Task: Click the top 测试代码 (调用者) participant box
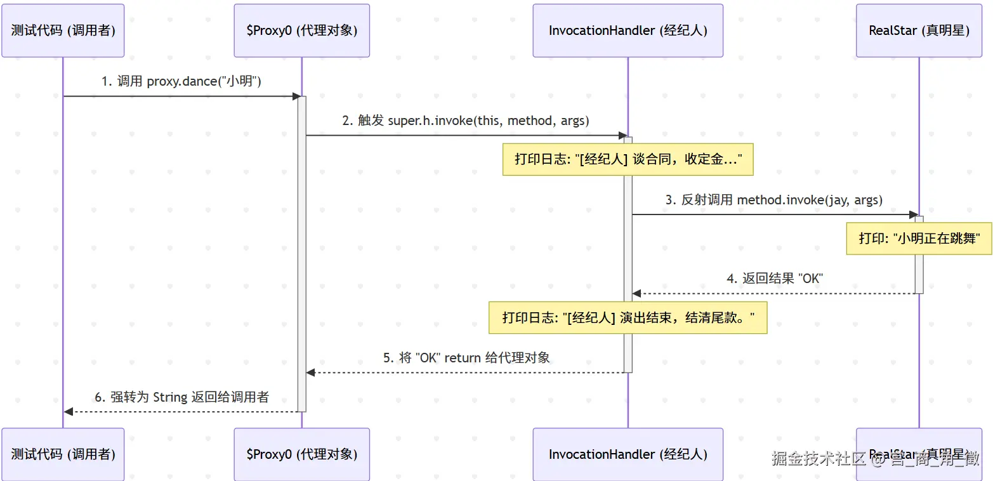(63, 30)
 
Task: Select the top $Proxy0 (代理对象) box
(301, 30)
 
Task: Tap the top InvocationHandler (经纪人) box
(628, 30)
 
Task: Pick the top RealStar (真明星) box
(919, 30)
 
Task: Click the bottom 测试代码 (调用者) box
(63, 454)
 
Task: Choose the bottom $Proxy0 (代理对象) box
(301, 454)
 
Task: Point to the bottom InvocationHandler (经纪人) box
(628, 454)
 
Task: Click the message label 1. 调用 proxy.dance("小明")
(181, 81)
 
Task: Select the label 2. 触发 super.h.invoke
(466, 121)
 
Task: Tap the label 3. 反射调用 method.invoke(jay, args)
(773, 200)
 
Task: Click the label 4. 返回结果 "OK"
(774, 278)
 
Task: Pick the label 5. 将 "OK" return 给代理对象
(466, 357)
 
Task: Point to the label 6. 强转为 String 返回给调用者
(181, 397)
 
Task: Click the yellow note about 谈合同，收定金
(628, 159)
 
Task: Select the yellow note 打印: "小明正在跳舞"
(919, 239)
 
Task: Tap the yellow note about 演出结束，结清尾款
(628, 317)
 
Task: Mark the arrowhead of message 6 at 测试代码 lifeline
(69, 412)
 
